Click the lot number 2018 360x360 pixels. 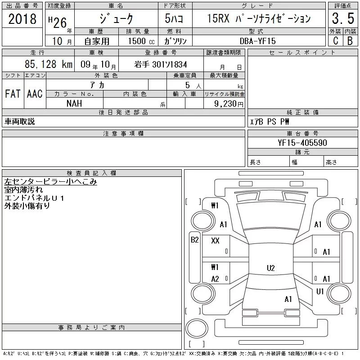pyautogui.click(x=22, y=19)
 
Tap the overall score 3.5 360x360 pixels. pyautogui.click(x=343, y=18)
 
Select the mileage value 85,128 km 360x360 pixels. pyautogui.click(x=49, y=64)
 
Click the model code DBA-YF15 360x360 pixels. pyautogui.click(x=257, y=41)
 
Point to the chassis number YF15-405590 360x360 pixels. pyautogui.click(x=302, y=143)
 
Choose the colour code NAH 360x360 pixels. pyautogui.click(x=74, y=103)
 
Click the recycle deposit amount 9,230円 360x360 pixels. pyautogui.click(x=229, y=104)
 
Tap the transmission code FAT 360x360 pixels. pyautogui.click(x=13, y=94)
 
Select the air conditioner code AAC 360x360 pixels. pyautogui.click(x=35, y=94)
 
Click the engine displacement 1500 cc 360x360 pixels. pyautogui.click(x=141, y=41)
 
